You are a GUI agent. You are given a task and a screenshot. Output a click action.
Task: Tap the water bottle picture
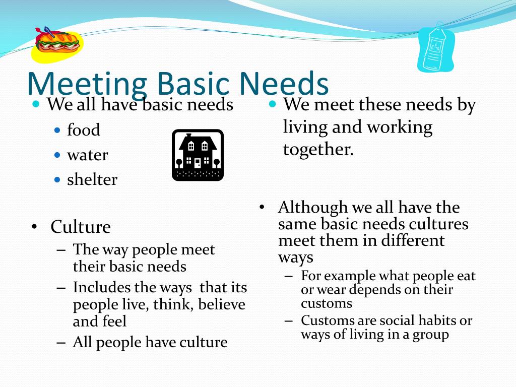[435, 48]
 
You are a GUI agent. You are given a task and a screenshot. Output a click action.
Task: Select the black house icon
[198, 155]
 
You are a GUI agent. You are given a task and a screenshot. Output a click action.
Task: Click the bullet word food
[84, 130]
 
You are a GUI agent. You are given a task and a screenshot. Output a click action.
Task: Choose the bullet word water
[87, 155]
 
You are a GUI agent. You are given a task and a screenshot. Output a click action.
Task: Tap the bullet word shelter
[92, 179]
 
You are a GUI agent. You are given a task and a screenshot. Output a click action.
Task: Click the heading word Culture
[81, 227]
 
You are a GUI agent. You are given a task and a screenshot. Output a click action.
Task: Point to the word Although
[313, 207]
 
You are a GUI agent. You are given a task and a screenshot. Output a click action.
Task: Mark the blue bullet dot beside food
[57, 130]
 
